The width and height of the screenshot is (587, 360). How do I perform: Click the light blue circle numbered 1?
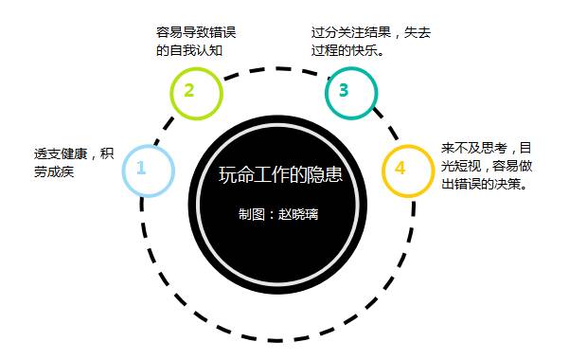[148, 170]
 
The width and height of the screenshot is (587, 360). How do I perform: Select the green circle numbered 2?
[195, 92]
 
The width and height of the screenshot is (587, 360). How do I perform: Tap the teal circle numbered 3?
[351, 91]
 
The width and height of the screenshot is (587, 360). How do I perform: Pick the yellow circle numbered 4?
[407, 170]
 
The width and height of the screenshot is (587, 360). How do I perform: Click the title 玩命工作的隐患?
[279, 175]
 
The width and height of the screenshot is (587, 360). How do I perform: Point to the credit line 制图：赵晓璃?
[279, 214]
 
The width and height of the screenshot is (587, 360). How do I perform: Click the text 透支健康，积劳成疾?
[74, 162]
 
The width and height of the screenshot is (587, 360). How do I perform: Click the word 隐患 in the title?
[326, 175]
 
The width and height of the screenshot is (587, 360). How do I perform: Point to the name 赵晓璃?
[298, 214]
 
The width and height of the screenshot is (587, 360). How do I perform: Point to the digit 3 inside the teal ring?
[344, 91]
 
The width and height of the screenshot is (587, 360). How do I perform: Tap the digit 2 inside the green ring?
[189, 91]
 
